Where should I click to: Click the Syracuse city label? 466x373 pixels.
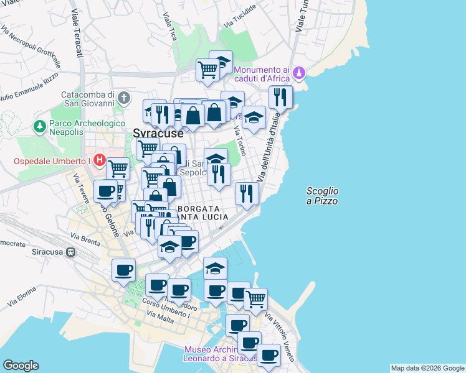click(158, 133)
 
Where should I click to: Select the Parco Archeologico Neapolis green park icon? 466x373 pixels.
click(40, 126)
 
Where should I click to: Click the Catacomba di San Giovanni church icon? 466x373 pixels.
click(125, 98)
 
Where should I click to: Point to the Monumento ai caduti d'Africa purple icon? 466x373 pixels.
click(300, 73)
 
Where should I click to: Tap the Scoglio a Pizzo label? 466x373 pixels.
click(323, 196)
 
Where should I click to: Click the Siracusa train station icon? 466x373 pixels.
click(72, 252)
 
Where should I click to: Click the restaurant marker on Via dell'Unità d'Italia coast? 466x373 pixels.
click(247, 193)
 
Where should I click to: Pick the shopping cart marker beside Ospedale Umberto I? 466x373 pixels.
click(117, 168)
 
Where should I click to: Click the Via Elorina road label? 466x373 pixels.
click(21, 297)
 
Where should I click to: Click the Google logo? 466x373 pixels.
click(21, 366)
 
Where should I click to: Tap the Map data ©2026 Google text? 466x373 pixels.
click(427, 368)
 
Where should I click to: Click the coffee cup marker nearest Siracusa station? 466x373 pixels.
click(123, 270)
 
